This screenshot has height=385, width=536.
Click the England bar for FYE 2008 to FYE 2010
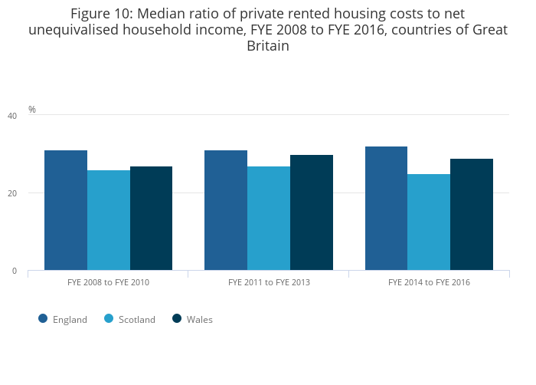pyautogui.click(x=66, y=210)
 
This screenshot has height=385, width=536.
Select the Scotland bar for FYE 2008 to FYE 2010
pyautogui.click(x=109, y=220)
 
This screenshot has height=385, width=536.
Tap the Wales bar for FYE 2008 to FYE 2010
pyautogui.click(x=151, y=219)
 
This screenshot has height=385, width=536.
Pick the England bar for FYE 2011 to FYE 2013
pyautogui.click(x=226, y=210)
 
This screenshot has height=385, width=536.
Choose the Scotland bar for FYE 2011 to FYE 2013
pyautogui.click(x=269, y=219)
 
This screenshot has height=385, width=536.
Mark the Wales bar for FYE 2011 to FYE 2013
pyautogui.click(x=311, y=212)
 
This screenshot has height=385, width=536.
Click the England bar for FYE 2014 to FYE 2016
pyautogui.click(x=386, y=209)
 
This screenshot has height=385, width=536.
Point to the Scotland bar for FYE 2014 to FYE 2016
pyautogui.click(x=429, y=222)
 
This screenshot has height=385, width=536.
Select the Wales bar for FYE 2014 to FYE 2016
pyautogui.click(x=472, y=215)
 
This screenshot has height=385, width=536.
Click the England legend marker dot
pyautogui.click(x=43, y=319)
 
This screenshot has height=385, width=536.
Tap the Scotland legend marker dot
pyautogui.click(x=109, y=319)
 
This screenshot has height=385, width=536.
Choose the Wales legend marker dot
pyautogui.click(x=177, y=319)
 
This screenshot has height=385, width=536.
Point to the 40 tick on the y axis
pyautogui.click(x=11, y=116)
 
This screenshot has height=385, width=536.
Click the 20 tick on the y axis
pyautogui.click(x=11, y=193)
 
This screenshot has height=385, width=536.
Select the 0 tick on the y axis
pyautogui.click(x=14, y=271)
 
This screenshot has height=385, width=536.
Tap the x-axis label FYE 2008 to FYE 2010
pyautogui.click(x=108, y=282)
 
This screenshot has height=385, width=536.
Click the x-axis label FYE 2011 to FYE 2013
pyautogui.click(x=268, y=282)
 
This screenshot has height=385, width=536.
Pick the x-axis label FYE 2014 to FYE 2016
pyautogui.click(x=429, y=282)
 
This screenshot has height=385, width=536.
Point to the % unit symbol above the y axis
pyautogui.click(x=32, y=110)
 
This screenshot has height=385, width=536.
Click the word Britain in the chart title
pyautogui.click(x=267, y=46)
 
